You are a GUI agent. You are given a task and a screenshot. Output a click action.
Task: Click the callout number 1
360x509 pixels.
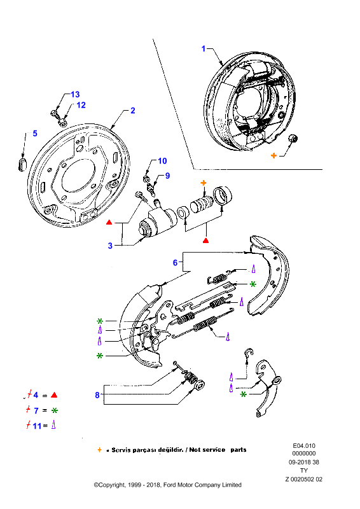[204, 49]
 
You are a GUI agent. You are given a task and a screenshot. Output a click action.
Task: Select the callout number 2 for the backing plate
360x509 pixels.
[133, 110]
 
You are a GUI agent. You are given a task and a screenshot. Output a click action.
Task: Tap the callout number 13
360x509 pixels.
[75, 94]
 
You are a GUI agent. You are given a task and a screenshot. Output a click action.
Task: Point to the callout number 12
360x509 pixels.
[81, 105]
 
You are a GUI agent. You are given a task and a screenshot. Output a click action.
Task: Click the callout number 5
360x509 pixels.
[35, 134]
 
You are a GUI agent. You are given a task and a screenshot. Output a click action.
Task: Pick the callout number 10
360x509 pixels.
[162, 161]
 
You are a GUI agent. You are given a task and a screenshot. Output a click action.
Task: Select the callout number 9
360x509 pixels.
[167, 176]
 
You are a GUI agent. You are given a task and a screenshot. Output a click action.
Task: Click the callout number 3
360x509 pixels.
[110, 246]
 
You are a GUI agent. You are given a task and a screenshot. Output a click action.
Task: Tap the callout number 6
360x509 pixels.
[176, 262]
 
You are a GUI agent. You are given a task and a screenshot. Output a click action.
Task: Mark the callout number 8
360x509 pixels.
[97, 395]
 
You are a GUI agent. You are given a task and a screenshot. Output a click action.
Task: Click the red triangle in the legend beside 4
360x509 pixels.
[54, 395]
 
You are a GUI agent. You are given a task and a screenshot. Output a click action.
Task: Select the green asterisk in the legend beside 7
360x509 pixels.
[55, 410]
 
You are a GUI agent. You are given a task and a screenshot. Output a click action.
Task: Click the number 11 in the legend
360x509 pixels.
[37, 426]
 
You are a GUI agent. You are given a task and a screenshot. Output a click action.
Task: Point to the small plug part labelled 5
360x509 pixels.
[22, 164]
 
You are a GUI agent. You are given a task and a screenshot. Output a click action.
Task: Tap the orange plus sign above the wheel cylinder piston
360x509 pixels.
[204, 183]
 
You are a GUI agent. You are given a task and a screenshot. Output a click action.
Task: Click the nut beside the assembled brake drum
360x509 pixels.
[293, 138]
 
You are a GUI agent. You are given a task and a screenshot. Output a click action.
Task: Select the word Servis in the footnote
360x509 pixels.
[121, 450]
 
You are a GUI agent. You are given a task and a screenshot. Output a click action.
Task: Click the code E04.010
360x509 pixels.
[304, 446]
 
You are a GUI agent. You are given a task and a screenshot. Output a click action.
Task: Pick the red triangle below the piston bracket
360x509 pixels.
[205, 241]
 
